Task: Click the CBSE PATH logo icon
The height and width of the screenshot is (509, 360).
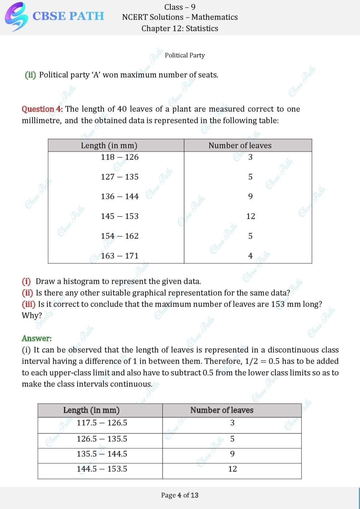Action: pyautogui.click(x=16, y=17)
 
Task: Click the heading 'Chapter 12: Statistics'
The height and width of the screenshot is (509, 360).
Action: pyautogui.click(x=180, y=28)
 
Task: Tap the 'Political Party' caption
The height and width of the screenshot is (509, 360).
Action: pyautogui.click(x=185, y=55)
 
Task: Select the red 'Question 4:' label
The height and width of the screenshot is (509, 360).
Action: pyautogui.click(x=42, y=109)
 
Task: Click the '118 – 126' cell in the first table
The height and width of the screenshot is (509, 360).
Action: pyautogui.click(x=120, y=157)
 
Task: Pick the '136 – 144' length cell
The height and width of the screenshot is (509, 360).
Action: pyautogui.click(x=120, y=197)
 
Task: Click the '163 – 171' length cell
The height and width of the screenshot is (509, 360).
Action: pyautogui.click(x=120, y=256)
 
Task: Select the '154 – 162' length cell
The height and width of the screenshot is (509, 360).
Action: pyautogui.click(x=120, y=236)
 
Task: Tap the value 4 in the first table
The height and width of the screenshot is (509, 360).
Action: pyautogui.click(x=250, y=256)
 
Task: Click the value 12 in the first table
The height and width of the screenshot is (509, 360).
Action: pyautogui.click(x=251, y=216)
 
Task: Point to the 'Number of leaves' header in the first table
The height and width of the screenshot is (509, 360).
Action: pyautogui.click(x=240, y=145)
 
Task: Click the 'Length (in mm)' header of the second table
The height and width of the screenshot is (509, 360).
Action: pyautogui.click(x=91, y=410)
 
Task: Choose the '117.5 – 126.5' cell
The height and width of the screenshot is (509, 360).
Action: pyautogui.click(x=102, y=423)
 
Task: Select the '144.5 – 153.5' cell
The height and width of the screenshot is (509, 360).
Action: pyautogui.click(x=102, y=469)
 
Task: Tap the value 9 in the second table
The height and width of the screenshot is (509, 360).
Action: pyautogui.click(x=232, y=454)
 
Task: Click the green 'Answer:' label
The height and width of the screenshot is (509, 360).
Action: pyautogui.click(x=36, y=338)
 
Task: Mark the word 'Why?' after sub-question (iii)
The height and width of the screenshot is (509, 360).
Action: pyautogui.click(x=32, y=315)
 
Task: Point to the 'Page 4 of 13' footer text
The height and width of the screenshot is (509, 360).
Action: pyautogui.click(x=180, y=495)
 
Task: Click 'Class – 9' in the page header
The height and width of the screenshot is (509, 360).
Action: pyautogui.click(x=180, y=7)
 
